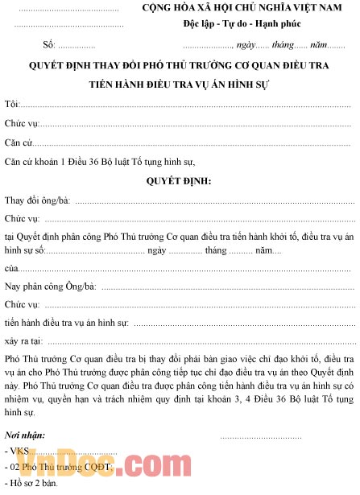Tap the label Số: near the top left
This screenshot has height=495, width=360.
(48, 44)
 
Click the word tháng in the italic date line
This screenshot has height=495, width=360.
(282, 44)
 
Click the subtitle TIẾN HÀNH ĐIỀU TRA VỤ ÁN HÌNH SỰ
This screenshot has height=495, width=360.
(179, 84)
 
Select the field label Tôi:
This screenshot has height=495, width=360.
(11, 105)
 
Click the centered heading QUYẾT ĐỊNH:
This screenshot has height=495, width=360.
(179, 180)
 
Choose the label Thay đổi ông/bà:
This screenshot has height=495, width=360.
(37, 200)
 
